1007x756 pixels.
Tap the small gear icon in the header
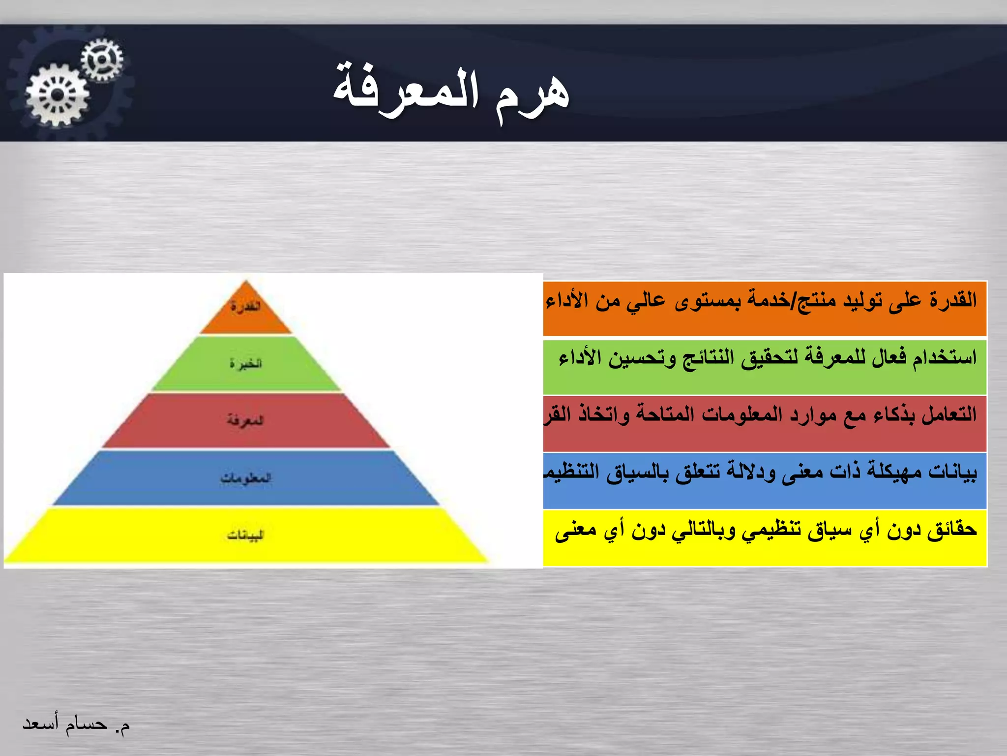pos(102,60)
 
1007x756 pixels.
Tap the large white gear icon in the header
pos(58,95)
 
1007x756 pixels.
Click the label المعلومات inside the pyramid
pos(246,477)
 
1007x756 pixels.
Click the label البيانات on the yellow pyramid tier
pos(246,535)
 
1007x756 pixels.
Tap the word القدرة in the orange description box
pos(953,299)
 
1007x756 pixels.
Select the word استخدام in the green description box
pos(945,357)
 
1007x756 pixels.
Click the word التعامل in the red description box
pos(949,414)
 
